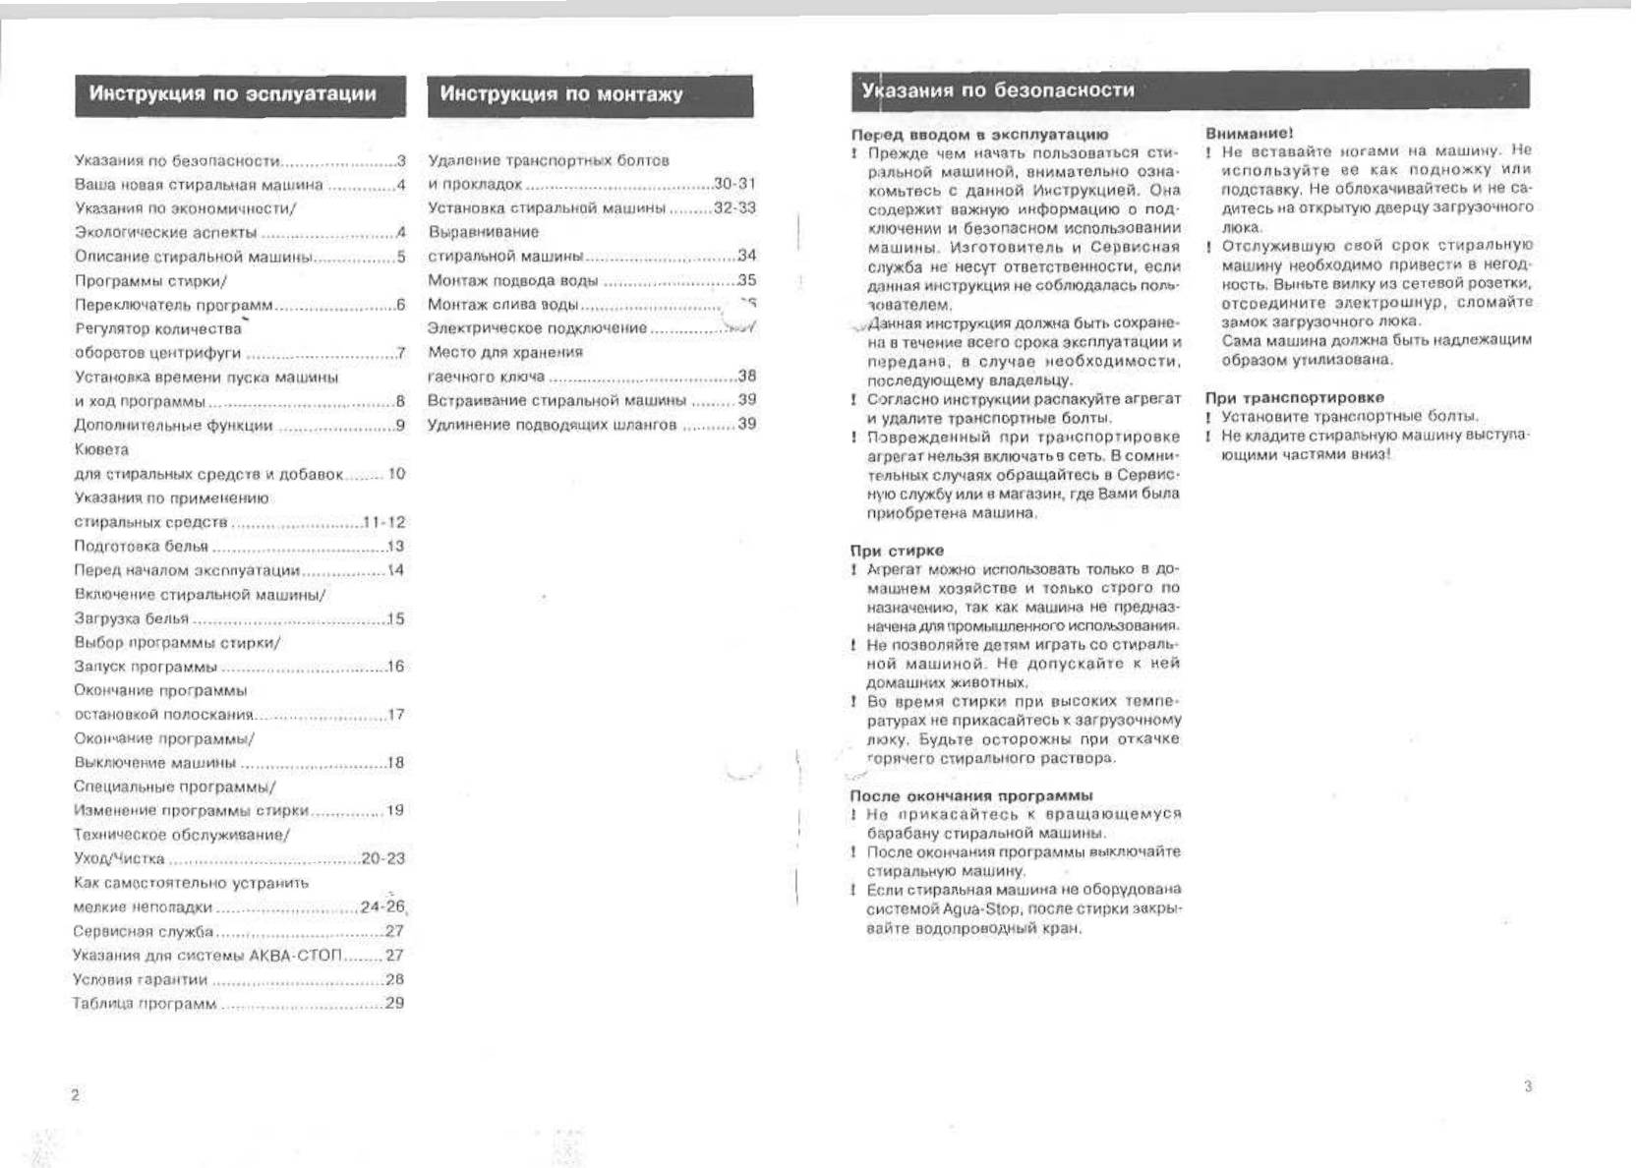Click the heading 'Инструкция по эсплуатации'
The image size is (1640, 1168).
(233, 94)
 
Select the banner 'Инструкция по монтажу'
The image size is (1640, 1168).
(560, 94)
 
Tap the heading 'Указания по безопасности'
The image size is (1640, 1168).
(997, 90)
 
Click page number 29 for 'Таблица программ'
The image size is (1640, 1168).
(394, 1003)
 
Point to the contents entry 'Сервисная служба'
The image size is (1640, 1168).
(143, 931)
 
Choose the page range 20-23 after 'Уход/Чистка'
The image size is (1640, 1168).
(383, 858)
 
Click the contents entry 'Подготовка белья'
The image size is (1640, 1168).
(141, 547)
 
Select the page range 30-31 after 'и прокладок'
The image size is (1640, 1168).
(734, 184)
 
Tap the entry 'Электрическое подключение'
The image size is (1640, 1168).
(537, 328)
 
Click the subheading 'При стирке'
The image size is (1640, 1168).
(897, 551)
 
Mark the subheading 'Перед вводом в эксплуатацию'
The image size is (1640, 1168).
(979, 135)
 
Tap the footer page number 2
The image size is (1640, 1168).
(75, 1095)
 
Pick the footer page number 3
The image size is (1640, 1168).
(1528, 1086)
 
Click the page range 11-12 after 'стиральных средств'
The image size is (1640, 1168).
(383, 522)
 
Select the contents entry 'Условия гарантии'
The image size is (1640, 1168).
(140, 979)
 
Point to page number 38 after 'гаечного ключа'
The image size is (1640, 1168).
(747, 376)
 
